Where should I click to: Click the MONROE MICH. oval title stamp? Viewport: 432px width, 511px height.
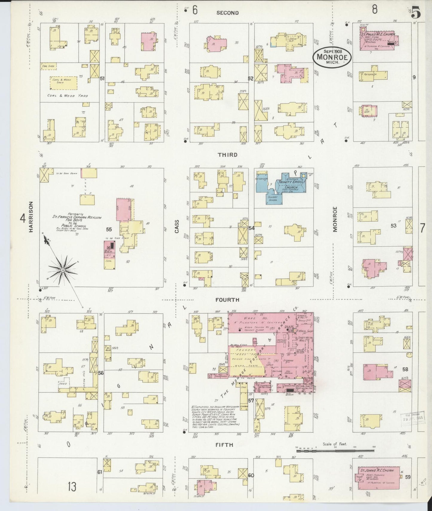pos(332,57)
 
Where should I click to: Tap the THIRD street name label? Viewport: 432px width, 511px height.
pos(228,155)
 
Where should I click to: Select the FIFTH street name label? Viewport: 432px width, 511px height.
pos(225,445)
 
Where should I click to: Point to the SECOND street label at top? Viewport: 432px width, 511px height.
pos(228,13)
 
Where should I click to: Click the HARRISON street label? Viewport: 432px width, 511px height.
pos(30,217)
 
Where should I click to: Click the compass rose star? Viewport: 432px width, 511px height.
pos(63,270)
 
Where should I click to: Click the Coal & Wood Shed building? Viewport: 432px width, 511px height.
pos(63,83)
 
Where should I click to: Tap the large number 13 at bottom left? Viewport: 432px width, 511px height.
pos(72,487)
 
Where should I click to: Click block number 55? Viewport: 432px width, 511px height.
pos(109,229)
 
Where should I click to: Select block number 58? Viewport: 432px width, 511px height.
pos(405,369)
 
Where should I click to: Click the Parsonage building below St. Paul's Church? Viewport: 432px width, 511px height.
pos(374,76)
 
